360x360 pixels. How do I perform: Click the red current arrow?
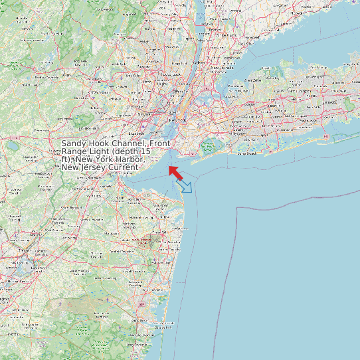[175, 173]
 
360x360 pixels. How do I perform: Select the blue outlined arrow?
[185, 186]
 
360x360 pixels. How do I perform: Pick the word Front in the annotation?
[160, 144]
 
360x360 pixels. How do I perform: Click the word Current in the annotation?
[124, 168]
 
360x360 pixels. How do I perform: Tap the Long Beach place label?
[246, 153]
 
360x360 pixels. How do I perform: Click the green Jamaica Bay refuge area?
[207, 146]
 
